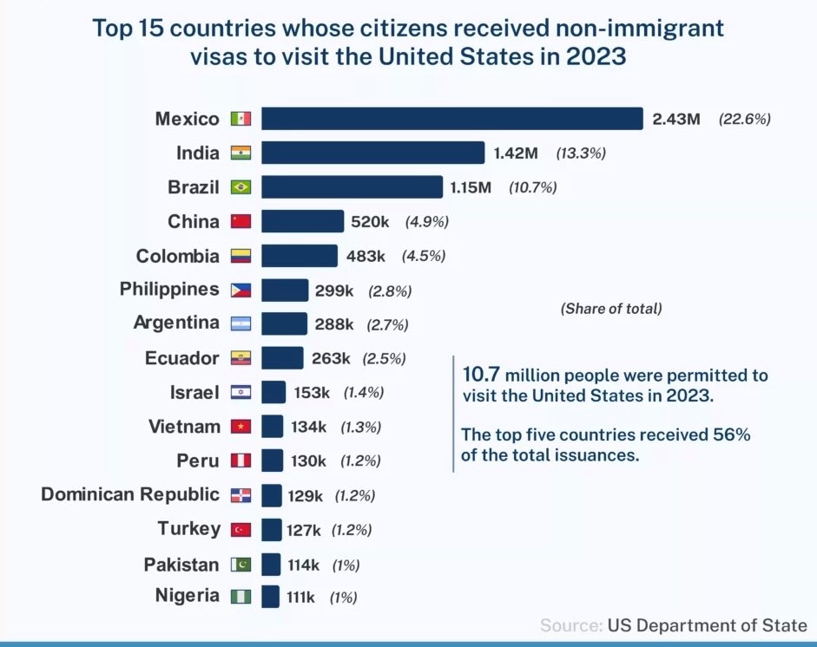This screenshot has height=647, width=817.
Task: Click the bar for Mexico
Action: (x=451, y=119)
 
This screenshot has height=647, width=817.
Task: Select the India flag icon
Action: (x=240, y=154)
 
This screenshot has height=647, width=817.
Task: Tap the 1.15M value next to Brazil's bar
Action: (x=471, y=187)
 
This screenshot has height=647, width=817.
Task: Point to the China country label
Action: (x=194, y=222)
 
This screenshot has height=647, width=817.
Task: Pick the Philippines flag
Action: (x=240, y=291)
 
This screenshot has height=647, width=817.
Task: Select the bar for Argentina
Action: (x=284, y=323)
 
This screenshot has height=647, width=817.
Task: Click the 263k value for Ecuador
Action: (x=331, y=358)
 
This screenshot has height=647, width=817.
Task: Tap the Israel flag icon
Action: (x=240, y=393)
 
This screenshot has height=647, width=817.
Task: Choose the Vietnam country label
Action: (x=184, y=427)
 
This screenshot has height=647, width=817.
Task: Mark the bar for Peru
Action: (x=272, y=461)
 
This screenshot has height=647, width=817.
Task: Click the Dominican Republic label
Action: (x=130, y=494)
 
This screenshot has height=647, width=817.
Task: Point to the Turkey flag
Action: (x=240, y=530)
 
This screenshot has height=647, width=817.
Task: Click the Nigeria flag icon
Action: (x=240, y=597)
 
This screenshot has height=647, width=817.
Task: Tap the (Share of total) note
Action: (x=611, y=308)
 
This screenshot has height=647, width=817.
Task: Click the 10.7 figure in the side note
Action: (x=481, y=376)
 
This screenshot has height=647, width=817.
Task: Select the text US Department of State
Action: (x=707, y=625)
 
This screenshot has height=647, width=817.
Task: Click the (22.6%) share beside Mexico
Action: (x=744, y=120)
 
